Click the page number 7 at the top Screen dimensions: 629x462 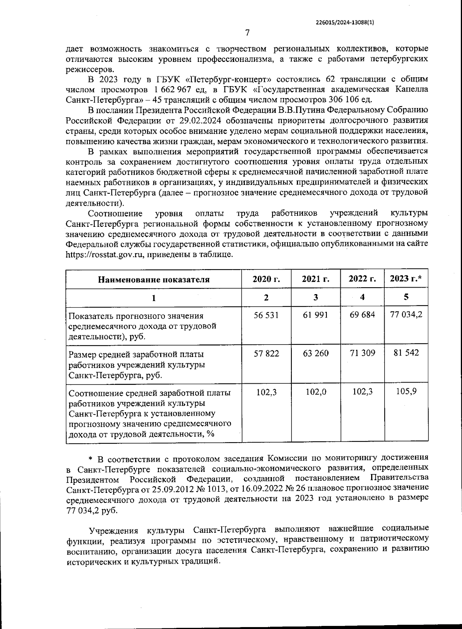247,33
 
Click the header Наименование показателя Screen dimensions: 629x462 154,280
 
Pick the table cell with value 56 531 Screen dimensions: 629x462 266,315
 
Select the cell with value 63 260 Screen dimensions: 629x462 316,353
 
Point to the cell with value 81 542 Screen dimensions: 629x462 406,353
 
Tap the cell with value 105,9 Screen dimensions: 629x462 406,392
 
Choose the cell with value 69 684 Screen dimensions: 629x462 362,315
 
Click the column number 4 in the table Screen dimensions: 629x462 362,297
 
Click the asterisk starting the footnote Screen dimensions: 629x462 91,459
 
